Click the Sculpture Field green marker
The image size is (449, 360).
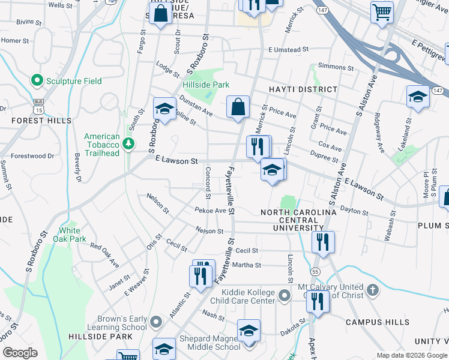click(x=37, y=81)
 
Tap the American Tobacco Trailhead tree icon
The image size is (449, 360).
click(x=128, y=144)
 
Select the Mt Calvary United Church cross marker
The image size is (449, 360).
click(x=372, y=291)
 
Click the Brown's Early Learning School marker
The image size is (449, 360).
click(x=156, y=323)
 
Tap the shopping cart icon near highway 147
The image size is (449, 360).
click(x=382, y=11)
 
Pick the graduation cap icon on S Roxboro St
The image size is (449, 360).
click(x=164, y=109)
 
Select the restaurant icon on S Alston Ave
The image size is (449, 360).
click(x=323, y=242)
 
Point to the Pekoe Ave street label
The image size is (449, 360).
click(x=210, y=211)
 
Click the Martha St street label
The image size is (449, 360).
click(x=248, y=265)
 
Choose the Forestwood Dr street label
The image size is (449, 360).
click(x=32, y=156)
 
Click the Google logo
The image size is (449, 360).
click(x=20, y=353)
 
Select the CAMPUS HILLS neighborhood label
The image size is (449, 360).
click(x=384, y=323)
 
